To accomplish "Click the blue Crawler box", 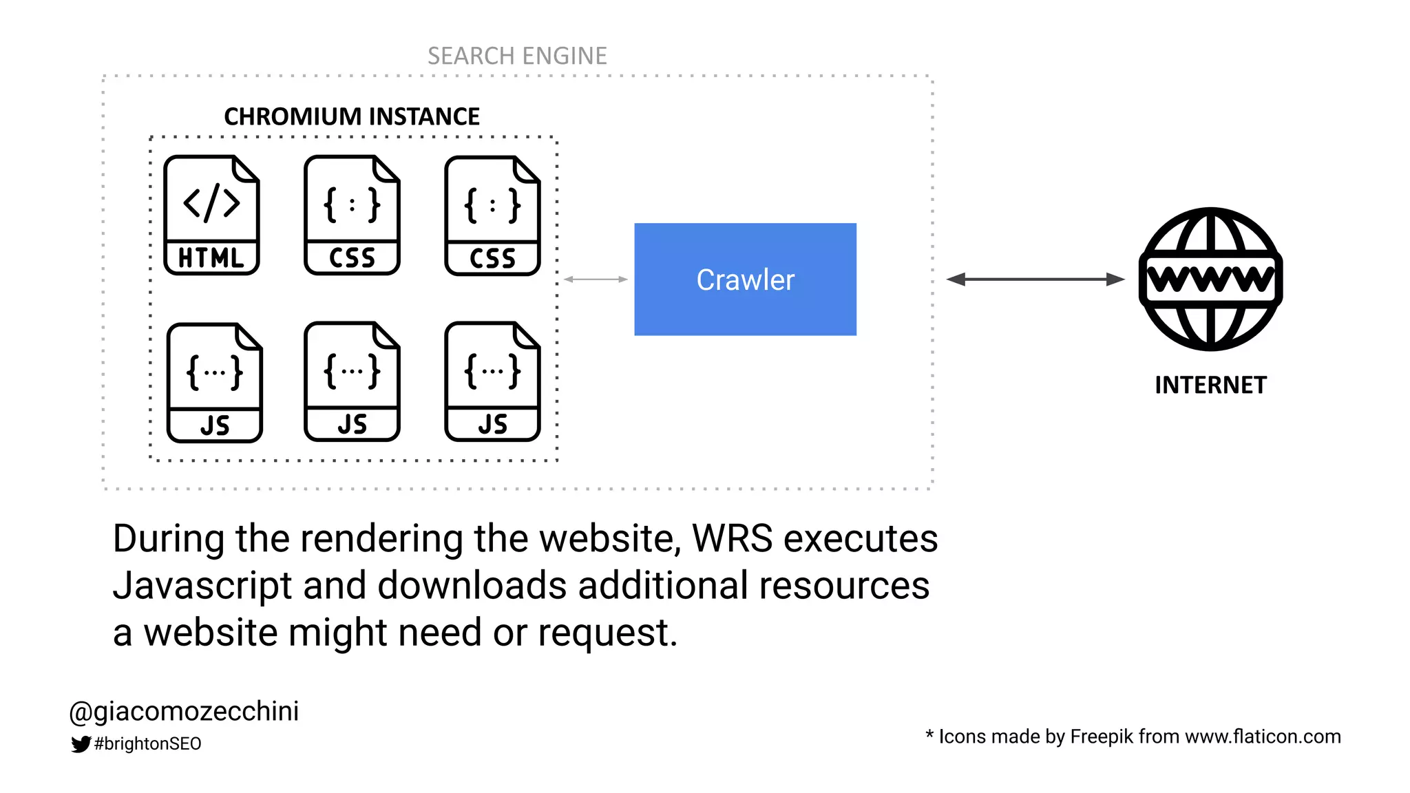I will (x=745, y=279).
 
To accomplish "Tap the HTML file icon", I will (x=211, y=215).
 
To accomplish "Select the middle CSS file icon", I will (x=352, y=215).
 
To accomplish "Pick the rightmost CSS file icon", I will (x=492, y=215).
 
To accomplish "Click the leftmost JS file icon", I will (x=214, y=383).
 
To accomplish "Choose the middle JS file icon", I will (x=352, y=381).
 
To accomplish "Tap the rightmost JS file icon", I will (x=492, y=381).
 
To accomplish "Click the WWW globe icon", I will (x=1210, y=279).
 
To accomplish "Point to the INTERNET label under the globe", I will (x=1210, y=385).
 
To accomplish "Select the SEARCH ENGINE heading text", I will (x=517, y=56).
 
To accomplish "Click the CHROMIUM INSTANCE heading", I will (x=352, y=116).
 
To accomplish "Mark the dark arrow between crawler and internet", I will (x=1035, y=279).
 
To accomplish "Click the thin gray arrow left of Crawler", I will (x=596, y=279).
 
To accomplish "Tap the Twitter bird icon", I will (x=81, y=743).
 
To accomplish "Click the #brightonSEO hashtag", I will (x=147, y=743).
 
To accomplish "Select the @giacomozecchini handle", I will (x=185, y=711).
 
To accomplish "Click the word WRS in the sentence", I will (x=732, y=538).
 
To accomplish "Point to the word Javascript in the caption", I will (x=202, y=586).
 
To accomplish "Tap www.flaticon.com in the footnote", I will (x=1263, y=737).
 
